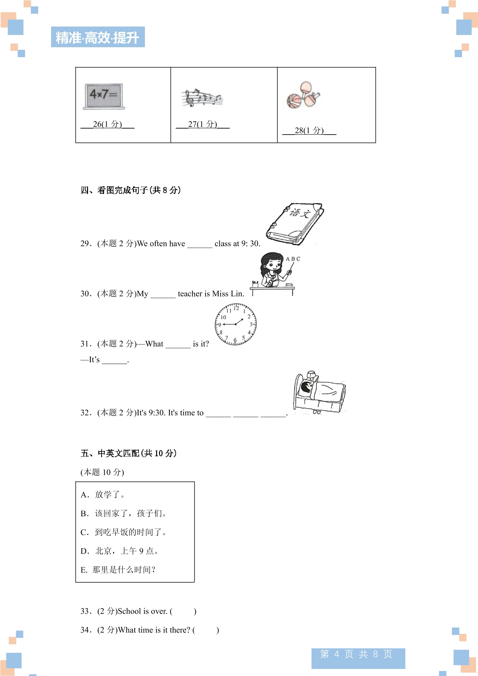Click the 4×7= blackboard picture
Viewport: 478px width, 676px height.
click(x=104, y=96)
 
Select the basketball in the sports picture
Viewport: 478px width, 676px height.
click(x=294, y=101)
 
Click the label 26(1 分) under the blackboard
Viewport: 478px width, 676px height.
click(x=107, y=124)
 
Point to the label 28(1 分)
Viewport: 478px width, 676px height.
click(x=309, y=130)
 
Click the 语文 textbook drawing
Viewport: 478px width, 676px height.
click(x=295, y=224)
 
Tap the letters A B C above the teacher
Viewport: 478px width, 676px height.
click(x=293, y=259)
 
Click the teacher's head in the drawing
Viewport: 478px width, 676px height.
click(x=271, y=262)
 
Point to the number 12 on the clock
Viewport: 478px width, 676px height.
click(x=236, y=308)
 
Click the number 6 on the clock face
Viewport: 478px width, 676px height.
click(x=235, y=340)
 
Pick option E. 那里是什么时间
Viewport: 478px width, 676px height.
click(x=118, y=570)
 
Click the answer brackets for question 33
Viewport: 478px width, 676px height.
click(x=183, y=611)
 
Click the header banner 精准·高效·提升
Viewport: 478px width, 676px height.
click(x=98, y=37)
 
